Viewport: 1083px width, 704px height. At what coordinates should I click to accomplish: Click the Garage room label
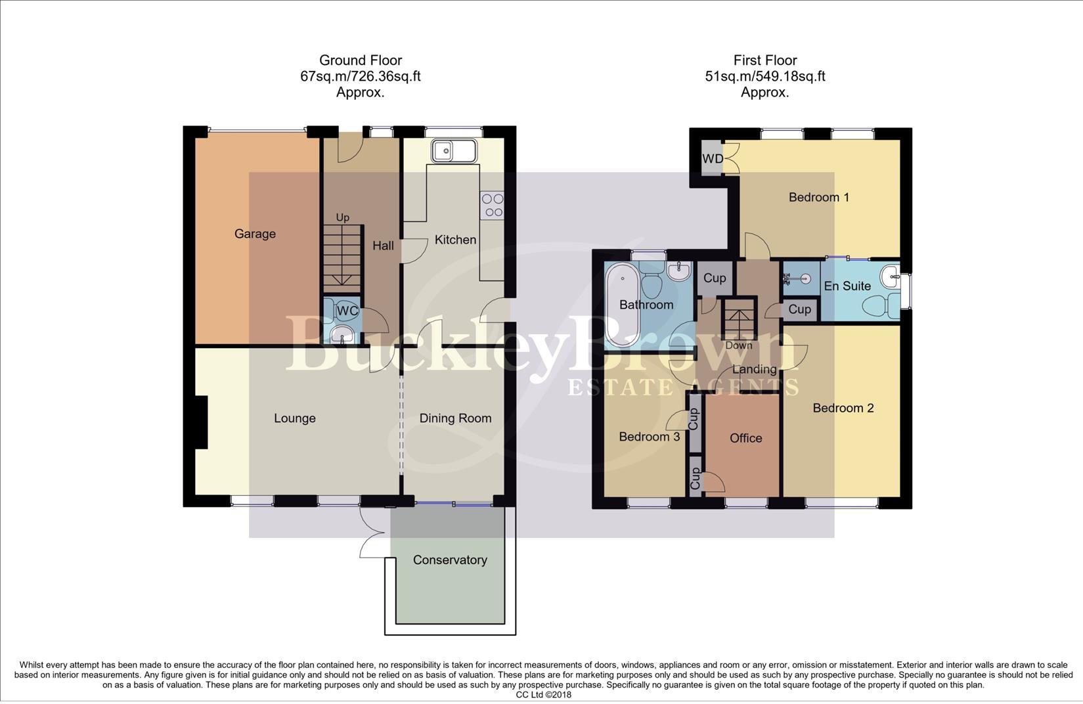(x=255, y=234)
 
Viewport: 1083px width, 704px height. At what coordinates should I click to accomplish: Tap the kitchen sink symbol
(x=453, y=151)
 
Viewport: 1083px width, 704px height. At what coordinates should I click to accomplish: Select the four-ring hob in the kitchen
(x=492, y=205)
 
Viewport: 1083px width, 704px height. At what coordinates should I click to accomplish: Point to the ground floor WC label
(x=347, y=311)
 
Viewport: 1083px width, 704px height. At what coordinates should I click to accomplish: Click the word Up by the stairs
(x=342, y=217)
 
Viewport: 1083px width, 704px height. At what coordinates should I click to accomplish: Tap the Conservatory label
(x=450, y=560)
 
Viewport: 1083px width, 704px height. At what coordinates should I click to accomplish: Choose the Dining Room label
(x=455, y=418)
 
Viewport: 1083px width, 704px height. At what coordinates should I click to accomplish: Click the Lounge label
(x=294, y=418)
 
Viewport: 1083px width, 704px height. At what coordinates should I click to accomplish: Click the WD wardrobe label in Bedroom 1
(x=712, y=159)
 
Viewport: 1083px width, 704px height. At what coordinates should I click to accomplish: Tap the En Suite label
(x=847, y=286)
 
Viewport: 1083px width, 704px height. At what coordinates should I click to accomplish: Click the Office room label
(x=745, y=438)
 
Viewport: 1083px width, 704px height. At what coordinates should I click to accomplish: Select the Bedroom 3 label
(x=649, y=437)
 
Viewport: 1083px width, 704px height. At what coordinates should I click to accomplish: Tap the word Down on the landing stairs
(x=739, y=345)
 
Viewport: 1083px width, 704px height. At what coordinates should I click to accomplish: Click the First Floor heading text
(x=764, y=60)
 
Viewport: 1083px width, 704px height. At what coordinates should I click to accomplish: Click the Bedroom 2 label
(x=843, y=408)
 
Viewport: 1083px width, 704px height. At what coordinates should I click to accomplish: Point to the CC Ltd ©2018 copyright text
(x=543, y=695)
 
